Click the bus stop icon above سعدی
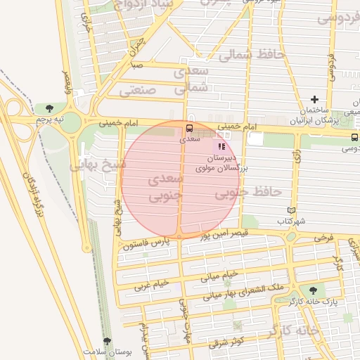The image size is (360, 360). (x=188, y=129)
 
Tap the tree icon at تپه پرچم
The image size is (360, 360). (x=49, y=108)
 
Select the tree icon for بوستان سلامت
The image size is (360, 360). (x=107, y=341)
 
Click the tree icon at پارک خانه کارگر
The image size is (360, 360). (x=312, y=290)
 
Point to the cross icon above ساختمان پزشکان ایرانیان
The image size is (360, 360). (x=314, y=99)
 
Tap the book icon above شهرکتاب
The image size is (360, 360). (x=292, y=210)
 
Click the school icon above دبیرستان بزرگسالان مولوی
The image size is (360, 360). (x=221, y=147)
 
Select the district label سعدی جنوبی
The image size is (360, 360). (x=166, y=186)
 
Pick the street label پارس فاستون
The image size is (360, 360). (x=146, y=243)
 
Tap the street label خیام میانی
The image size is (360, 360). (x=220, y=275)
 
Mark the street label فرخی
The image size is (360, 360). (x=323, y=238)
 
